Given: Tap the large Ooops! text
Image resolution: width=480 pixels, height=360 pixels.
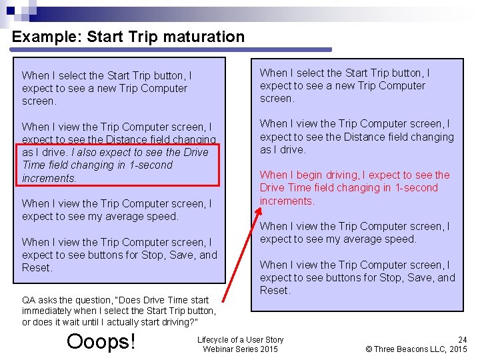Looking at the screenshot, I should (101, 341).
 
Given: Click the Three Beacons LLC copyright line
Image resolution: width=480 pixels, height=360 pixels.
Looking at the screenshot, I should (417, 349).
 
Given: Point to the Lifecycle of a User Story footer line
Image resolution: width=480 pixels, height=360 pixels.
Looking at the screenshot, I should (240, 339).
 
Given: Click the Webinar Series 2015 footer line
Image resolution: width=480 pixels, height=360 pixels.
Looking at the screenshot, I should (240, 349).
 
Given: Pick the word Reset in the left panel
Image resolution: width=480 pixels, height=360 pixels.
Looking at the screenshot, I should (37, 268).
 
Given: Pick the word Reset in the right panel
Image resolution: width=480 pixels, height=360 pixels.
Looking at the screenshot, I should (275, 291).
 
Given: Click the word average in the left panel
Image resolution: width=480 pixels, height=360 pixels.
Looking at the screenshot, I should (127, 217).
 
